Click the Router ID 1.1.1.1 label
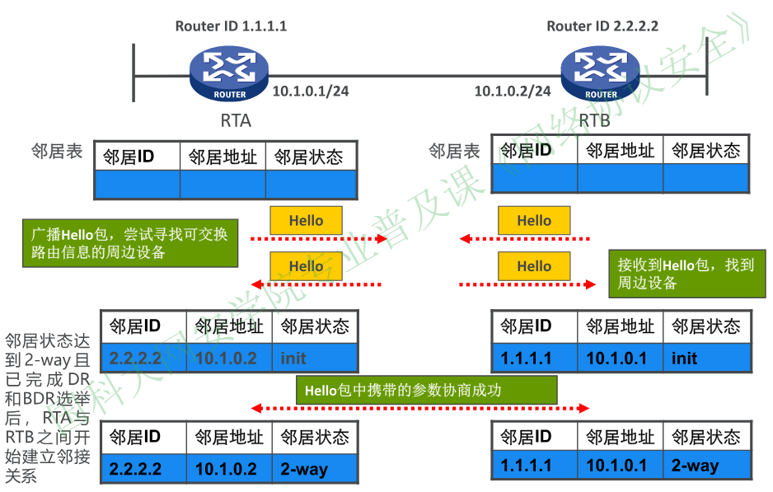click(x=231, y=26)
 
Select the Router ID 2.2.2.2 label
click(x=602, y=26)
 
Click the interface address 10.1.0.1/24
click(x=311, y=91)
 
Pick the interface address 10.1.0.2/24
click(x=513, y=91)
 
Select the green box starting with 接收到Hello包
click(x=686, y=274)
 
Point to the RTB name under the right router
click(x=595, y=121)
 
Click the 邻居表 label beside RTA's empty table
click(x=57, y=152)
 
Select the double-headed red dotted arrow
click(x=421, y=408)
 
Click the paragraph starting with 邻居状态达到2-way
click(x=48, y=408)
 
